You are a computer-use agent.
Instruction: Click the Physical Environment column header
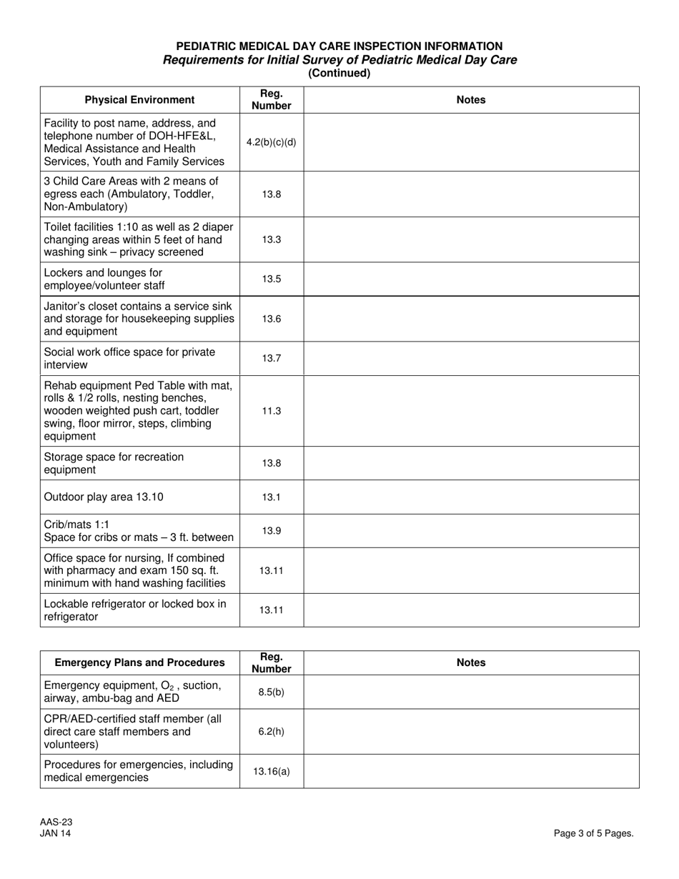tap(139, 100)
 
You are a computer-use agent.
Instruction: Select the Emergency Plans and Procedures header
tap(139, 662)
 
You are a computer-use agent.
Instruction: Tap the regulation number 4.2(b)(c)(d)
tap(271, 141)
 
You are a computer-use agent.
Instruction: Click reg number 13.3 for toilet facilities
tap(271, 239)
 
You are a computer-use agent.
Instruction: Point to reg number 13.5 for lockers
tap(271, 279)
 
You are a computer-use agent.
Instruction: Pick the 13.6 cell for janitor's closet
tap(271, 319)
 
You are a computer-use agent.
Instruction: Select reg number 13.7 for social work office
tap(271, 359)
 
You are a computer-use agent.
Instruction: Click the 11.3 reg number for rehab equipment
tap(271, 411)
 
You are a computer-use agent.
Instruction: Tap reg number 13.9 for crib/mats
tap(271, 530)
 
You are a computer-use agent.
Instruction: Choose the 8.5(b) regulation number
tap(271, 692)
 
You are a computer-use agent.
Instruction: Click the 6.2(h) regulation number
tap(271, 732)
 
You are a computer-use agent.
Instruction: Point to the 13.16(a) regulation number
tap(271, 771)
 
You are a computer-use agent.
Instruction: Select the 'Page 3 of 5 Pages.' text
tap(593, 833)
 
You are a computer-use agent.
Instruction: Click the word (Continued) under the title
tap(339, 73)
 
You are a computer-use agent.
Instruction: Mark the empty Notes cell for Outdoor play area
tap(471, 497)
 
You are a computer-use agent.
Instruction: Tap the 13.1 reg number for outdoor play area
tap(271, 497)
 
